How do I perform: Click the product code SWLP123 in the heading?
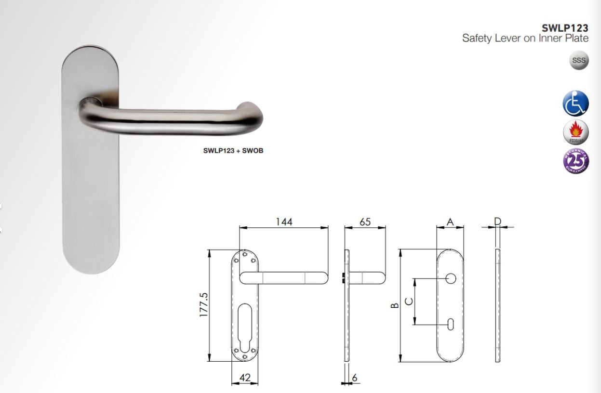pyautogui.click(x=564, y=28)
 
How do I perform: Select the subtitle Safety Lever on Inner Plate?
pyautogui.click(x=525, y=39)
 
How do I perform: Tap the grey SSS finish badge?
pyautogui.click(x=579, y=61)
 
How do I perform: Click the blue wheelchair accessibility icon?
pyautogui.click(x=575, y=103)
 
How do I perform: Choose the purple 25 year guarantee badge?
pyautogui.click(x=575, y=161)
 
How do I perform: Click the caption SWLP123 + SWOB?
pyautogui.click(x=233, y=151)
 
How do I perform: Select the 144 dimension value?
pyautogui.click(x=284, y=222)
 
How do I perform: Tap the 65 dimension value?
pyautogui.click(x=365, y=222)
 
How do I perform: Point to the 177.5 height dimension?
pyautogui.click(x=203, y=304)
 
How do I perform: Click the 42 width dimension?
pyautogui.click(x=245, y=378)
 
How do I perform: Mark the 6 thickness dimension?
pyautogui.click(x=355, y=378)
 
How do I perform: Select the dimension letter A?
pyautogui.click(x=450, y=222)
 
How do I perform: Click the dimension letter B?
pyautogui.click(x=394, y=305)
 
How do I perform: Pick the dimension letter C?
pyautogui.click(x=408, y=301)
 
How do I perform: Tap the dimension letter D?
pyautogui.click(x=498, y=222)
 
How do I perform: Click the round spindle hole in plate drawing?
pyautogui.click(x=451, y=278)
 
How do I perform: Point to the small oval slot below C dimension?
pyautogui.click(x=451, y=325)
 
